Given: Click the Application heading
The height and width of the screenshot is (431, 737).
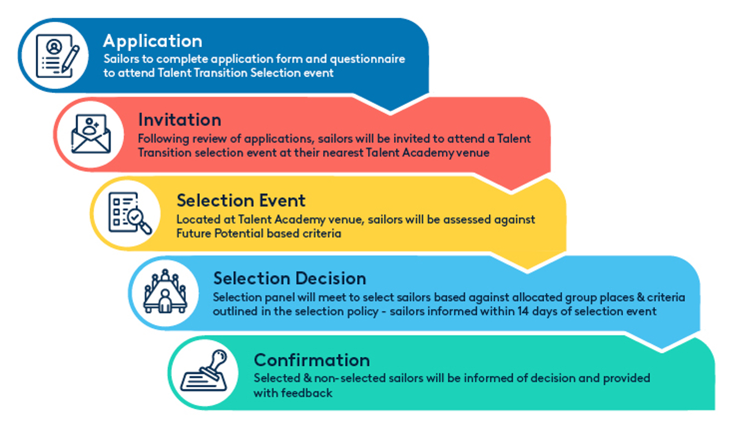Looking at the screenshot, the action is click(x=152, y=42).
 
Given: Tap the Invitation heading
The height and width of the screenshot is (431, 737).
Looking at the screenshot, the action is click(x=180, y=119).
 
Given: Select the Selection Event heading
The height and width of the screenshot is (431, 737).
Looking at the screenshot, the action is click(x=241, y=200).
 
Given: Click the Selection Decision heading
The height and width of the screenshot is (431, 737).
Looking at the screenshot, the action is click(x=290, y=279).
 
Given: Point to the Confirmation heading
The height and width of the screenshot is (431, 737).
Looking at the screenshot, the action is click(x=312, y=360).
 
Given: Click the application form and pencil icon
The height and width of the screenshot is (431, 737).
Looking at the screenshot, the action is click(x=58, y=56).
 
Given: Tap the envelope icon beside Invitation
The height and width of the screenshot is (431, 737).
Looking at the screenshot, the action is click(x=91, y=133).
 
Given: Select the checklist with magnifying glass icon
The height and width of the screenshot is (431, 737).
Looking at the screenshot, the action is click(x=130, y=213).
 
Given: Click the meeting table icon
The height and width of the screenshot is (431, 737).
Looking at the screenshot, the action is click(x=165, y=291).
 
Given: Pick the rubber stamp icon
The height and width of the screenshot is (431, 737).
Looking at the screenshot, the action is click(x=204, y=371).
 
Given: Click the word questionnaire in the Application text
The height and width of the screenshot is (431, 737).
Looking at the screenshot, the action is click(x=367, y=60).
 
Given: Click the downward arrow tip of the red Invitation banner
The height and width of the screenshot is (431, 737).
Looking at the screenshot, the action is click(x=511, y=190).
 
